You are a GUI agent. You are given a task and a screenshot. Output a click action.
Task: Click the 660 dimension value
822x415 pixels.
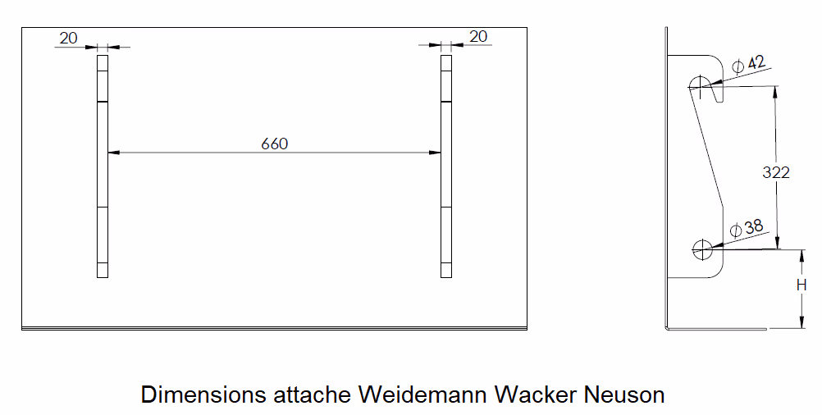pos(275,144)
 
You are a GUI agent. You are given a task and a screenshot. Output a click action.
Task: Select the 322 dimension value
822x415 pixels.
pos(775,172)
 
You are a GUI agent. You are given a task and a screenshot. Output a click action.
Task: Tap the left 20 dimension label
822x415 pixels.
pos(69,37)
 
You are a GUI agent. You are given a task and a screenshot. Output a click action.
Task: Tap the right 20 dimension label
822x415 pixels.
pos(477,36)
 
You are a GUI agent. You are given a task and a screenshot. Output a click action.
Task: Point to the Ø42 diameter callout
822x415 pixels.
pos(748,64)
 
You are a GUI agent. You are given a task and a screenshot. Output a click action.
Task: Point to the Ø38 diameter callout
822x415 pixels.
pos(747,228)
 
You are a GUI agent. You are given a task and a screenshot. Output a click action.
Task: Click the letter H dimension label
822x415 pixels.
pos(801,285)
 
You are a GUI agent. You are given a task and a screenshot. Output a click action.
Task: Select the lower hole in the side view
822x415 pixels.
pos(702,249)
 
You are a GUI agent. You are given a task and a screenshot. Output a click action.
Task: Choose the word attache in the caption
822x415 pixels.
pos(311,394)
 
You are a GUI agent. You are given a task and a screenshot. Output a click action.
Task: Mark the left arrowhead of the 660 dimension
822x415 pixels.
pos(112,153)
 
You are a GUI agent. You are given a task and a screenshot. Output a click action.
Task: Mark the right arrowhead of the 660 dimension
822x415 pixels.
pos(436,153)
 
